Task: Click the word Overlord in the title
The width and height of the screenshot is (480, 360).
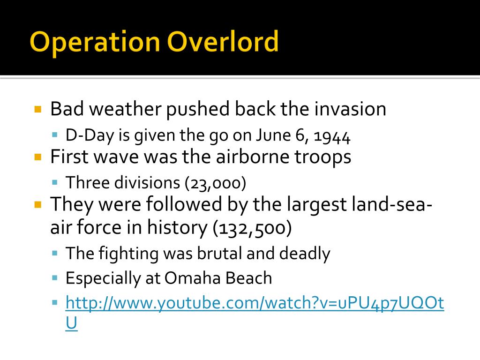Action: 223,41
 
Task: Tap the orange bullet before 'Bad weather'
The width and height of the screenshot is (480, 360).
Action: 38,109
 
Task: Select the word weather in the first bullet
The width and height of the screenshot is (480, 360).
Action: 125,109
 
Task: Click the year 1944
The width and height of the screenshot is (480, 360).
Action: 332,136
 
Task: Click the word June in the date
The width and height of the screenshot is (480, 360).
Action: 273,135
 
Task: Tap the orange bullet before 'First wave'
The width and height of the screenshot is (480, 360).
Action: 38,157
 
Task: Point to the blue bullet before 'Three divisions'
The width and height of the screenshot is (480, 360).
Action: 55,183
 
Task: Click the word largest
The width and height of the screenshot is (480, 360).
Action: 316,205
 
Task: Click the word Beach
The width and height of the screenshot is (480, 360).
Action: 248,278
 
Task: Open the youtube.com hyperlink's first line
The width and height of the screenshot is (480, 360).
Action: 255,303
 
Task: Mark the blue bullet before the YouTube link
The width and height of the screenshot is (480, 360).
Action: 55,303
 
